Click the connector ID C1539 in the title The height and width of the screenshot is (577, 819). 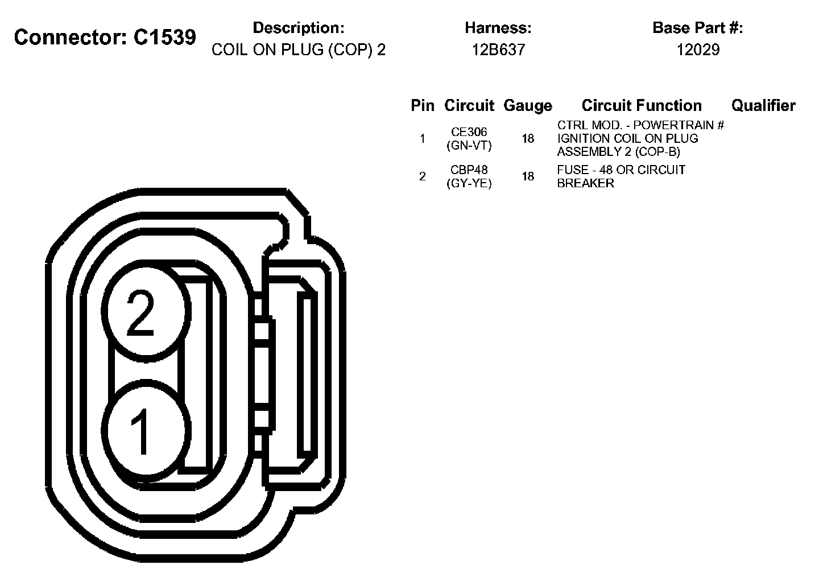coord(165,37)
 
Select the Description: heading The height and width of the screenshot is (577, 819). coord(299,28)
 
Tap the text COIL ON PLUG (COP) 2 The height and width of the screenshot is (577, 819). coord(299,50)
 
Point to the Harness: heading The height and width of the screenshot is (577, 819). coord(498,28)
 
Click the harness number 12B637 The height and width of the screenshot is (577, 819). coord(498,50)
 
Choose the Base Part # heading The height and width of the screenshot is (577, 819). coord(698,28)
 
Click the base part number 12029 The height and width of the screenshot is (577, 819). coord(698,50)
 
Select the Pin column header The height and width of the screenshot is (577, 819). coord(423,105)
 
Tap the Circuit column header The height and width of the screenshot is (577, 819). coord(469,105)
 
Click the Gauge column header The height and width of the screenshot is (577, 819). coord(528,106)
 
